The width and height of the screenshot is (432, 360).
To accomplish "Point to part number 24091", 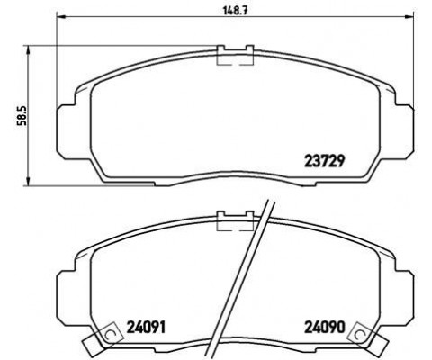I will pyautogui.click(x=148, y=327).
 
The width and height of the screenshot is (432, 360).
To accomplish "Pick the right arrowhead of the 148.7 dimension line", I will pyautogui.click(x=403, y=17).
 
